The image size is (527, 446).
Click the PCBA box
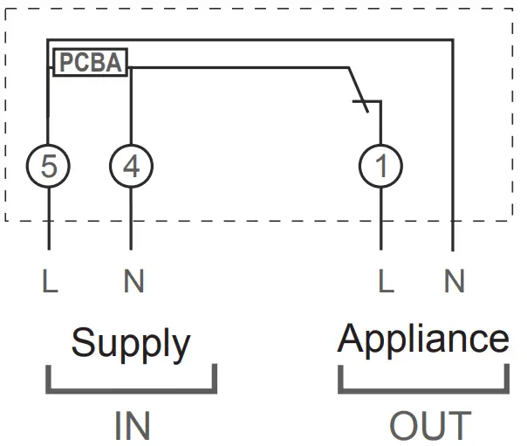91,62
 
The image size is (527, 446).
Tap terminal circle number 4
130,165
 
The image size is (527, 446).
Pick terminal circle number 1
381,165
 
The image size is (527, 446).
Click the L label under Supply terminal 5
49,281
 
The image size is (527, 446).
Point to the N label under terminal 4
133,281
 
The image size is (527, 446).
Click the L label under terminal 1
382,281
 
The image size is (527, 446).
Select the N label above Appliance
455,281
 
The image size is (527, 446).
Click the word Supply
130,344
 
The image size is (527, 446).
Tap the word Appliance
423,339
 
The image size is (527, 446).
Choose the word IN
132,426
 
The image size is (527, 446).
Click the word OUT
430,426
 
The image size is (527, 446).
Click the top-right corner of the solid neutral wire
453,40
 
